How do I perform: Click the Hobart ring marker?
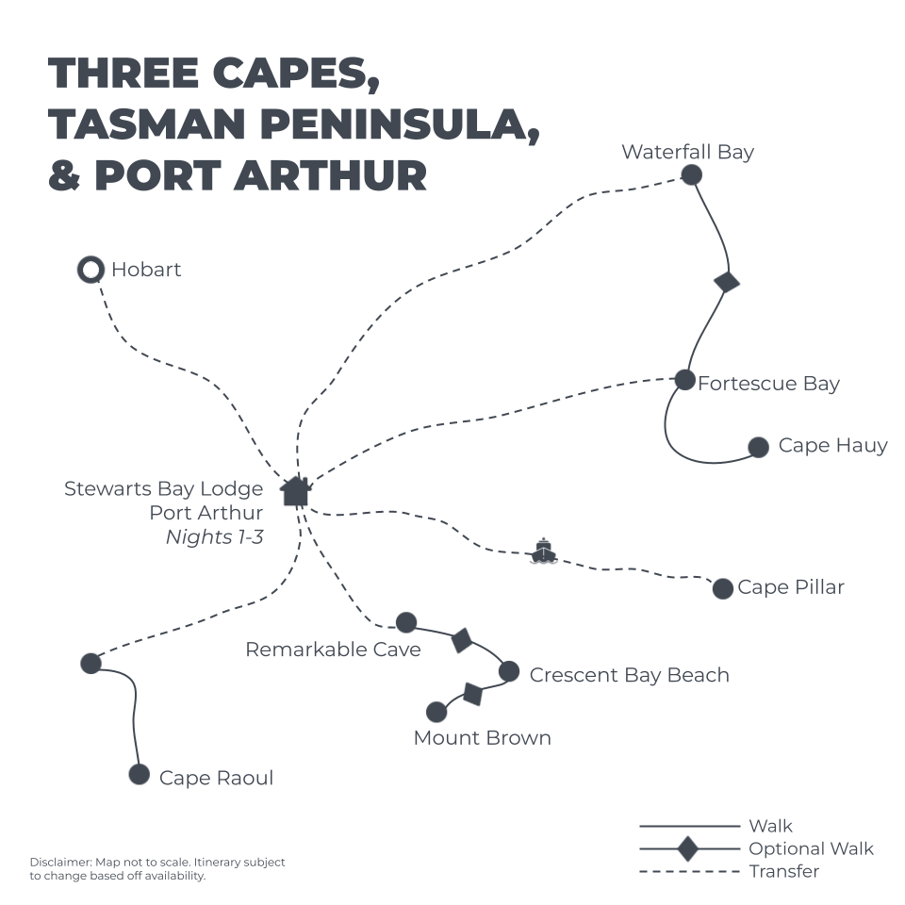click(90, 271)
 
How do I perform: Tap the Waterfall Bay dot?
click(692, 174)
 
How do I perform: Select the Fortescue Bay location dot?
click(685, 380)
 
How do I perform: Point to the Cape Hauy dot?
click(758, 447)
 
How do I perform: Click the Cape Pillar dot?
click(723, 588)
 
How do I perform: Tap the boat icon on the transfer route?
click(544, 551)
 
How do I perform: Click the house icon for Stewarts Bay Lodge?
click(296, 490)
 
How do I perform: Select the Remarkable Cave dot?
click(406, 622)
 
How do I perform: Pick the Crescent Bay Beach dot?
click(509, 671)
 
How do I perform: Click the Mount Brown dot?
click(436, 712)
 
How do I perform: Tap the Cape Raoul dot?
click(140, 775)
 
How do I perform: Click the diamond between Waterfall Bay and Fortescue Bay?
click(727, 281)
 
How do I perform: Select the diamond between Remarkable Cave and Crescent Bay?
click(461, 641)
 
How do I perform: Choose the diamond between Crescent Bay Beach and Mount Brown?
click(473, 695)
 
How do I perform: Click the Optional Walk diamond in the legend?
click(689, 848)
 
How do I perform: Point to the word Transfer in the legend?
click(784, 871)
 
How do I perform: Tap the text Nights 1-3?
click(214, 537)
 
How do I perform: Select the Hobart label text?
click(146, 270)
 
